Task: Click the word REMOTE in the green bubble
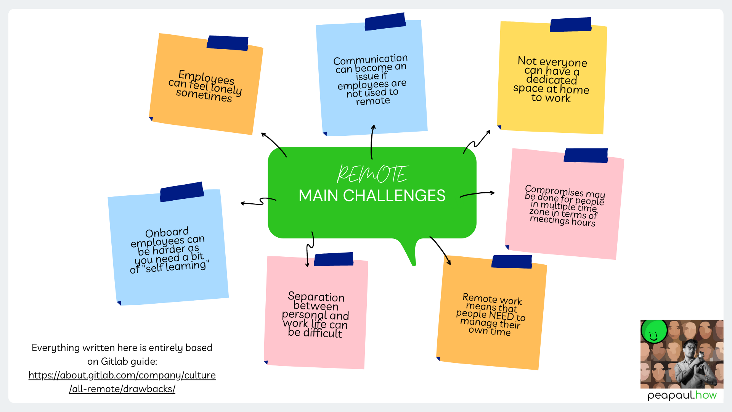coord(372,174)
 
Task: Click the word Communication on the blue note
coord(370,60)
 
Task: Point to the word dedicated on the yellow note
coord(551,80)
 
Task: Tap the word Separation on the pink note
coord(316,297)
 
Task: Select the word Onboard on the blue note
coord(167,232)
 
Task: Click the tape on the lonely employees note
coord(228,43)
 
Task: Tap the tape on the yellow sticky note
coord(570,24)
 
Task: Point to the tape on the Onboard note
coord(182,192)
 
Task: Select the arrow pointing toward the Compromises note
coord(477,194)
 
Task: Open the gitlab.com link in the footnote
coord(122,382)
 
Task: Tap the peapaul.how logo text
coord(682,395)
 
